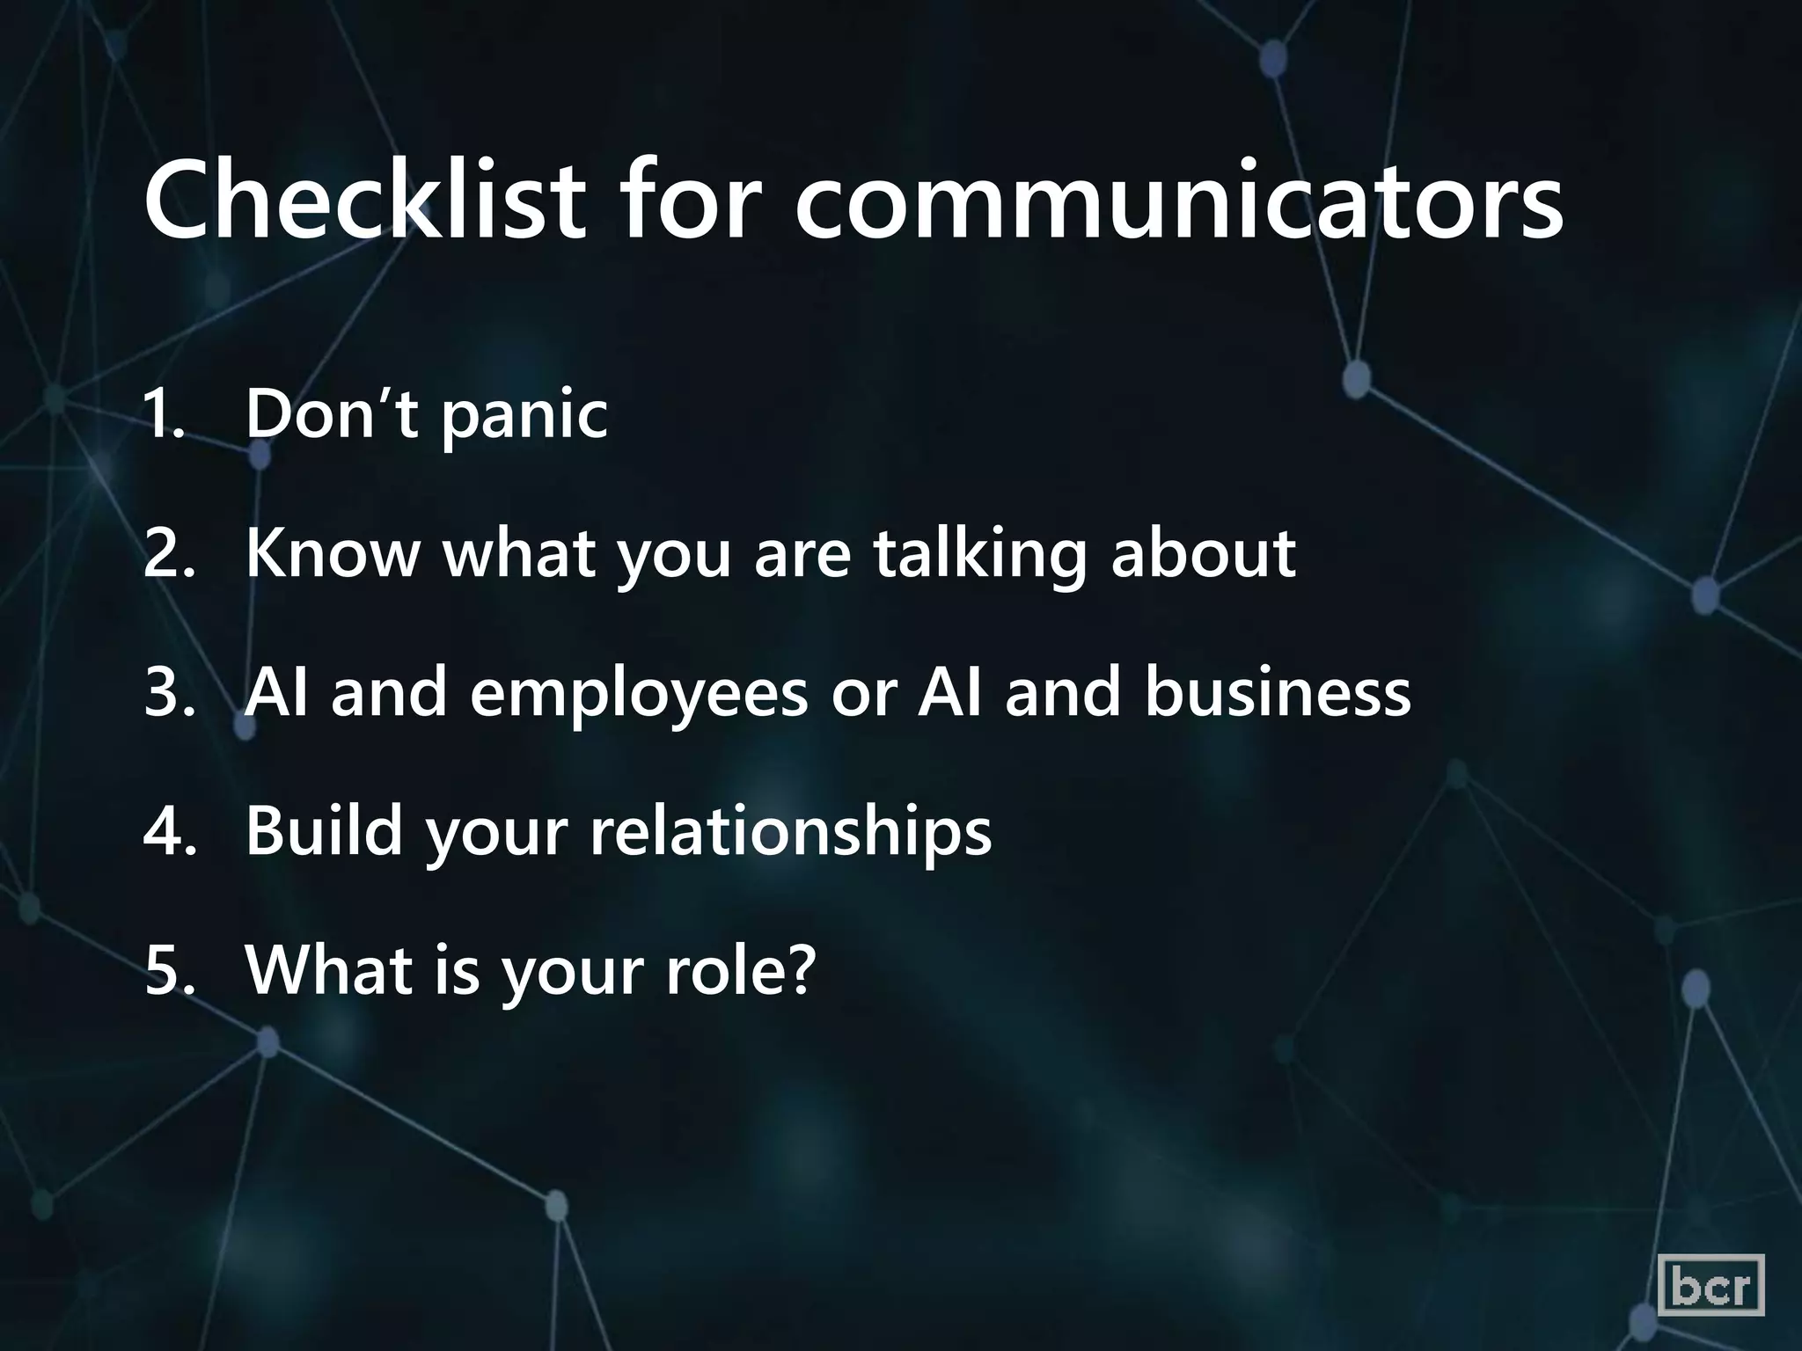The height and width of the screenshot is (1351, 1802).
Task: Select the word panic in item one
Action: pos(524,415)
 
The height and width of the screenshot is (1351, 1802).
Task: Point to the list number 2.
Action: pos(167,553)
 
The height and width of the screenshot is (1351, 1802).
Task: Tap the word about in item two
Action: pos(1203,553)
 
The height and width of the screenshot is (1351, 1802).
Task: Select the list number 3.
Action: pos(167,692)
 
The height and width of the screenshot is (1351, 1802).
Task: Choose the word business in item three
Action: pos(1278,692)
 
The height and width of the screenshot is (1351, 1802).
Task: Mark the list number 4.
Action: pos(167,831)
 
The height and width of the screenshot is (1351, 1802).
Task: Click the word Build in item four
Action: pos(324,831)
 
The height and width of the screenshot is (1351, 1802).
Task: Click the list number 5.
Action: pos(167,970)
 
